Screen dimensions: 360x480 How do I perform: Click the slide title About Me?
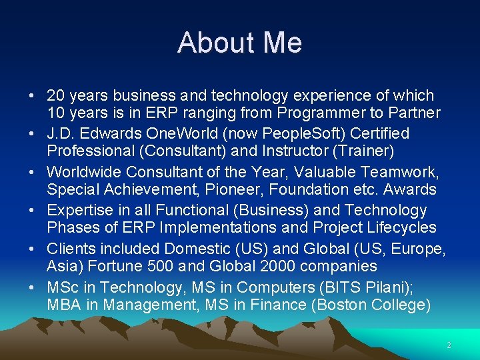[x=239, y=43]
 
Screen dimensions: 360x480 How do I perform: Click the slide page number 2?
[x=449, y=345]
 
